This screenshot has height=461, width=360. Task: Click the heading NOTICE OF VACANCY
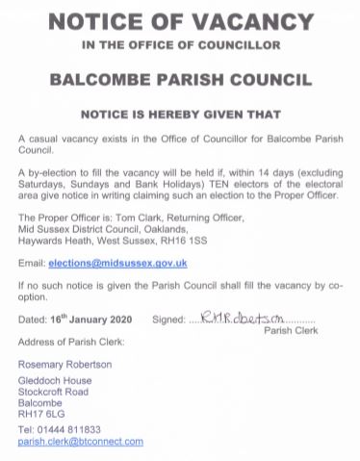(179, 22)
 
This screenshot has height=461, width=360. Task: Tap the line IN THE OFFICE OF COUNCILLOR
(179, 45)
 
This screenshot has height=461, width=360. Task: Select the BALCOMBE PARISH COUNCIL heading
(179, 78)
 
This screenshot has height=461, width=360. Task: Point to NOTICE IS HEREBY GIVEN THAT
(179, 112)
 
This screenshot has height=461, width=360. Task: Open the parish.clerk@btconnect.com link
(80, 441)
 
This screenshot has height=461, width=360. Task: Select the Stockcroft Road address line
(53, 392)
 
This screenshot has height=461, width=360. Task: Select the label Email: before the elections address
(31, 263)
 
